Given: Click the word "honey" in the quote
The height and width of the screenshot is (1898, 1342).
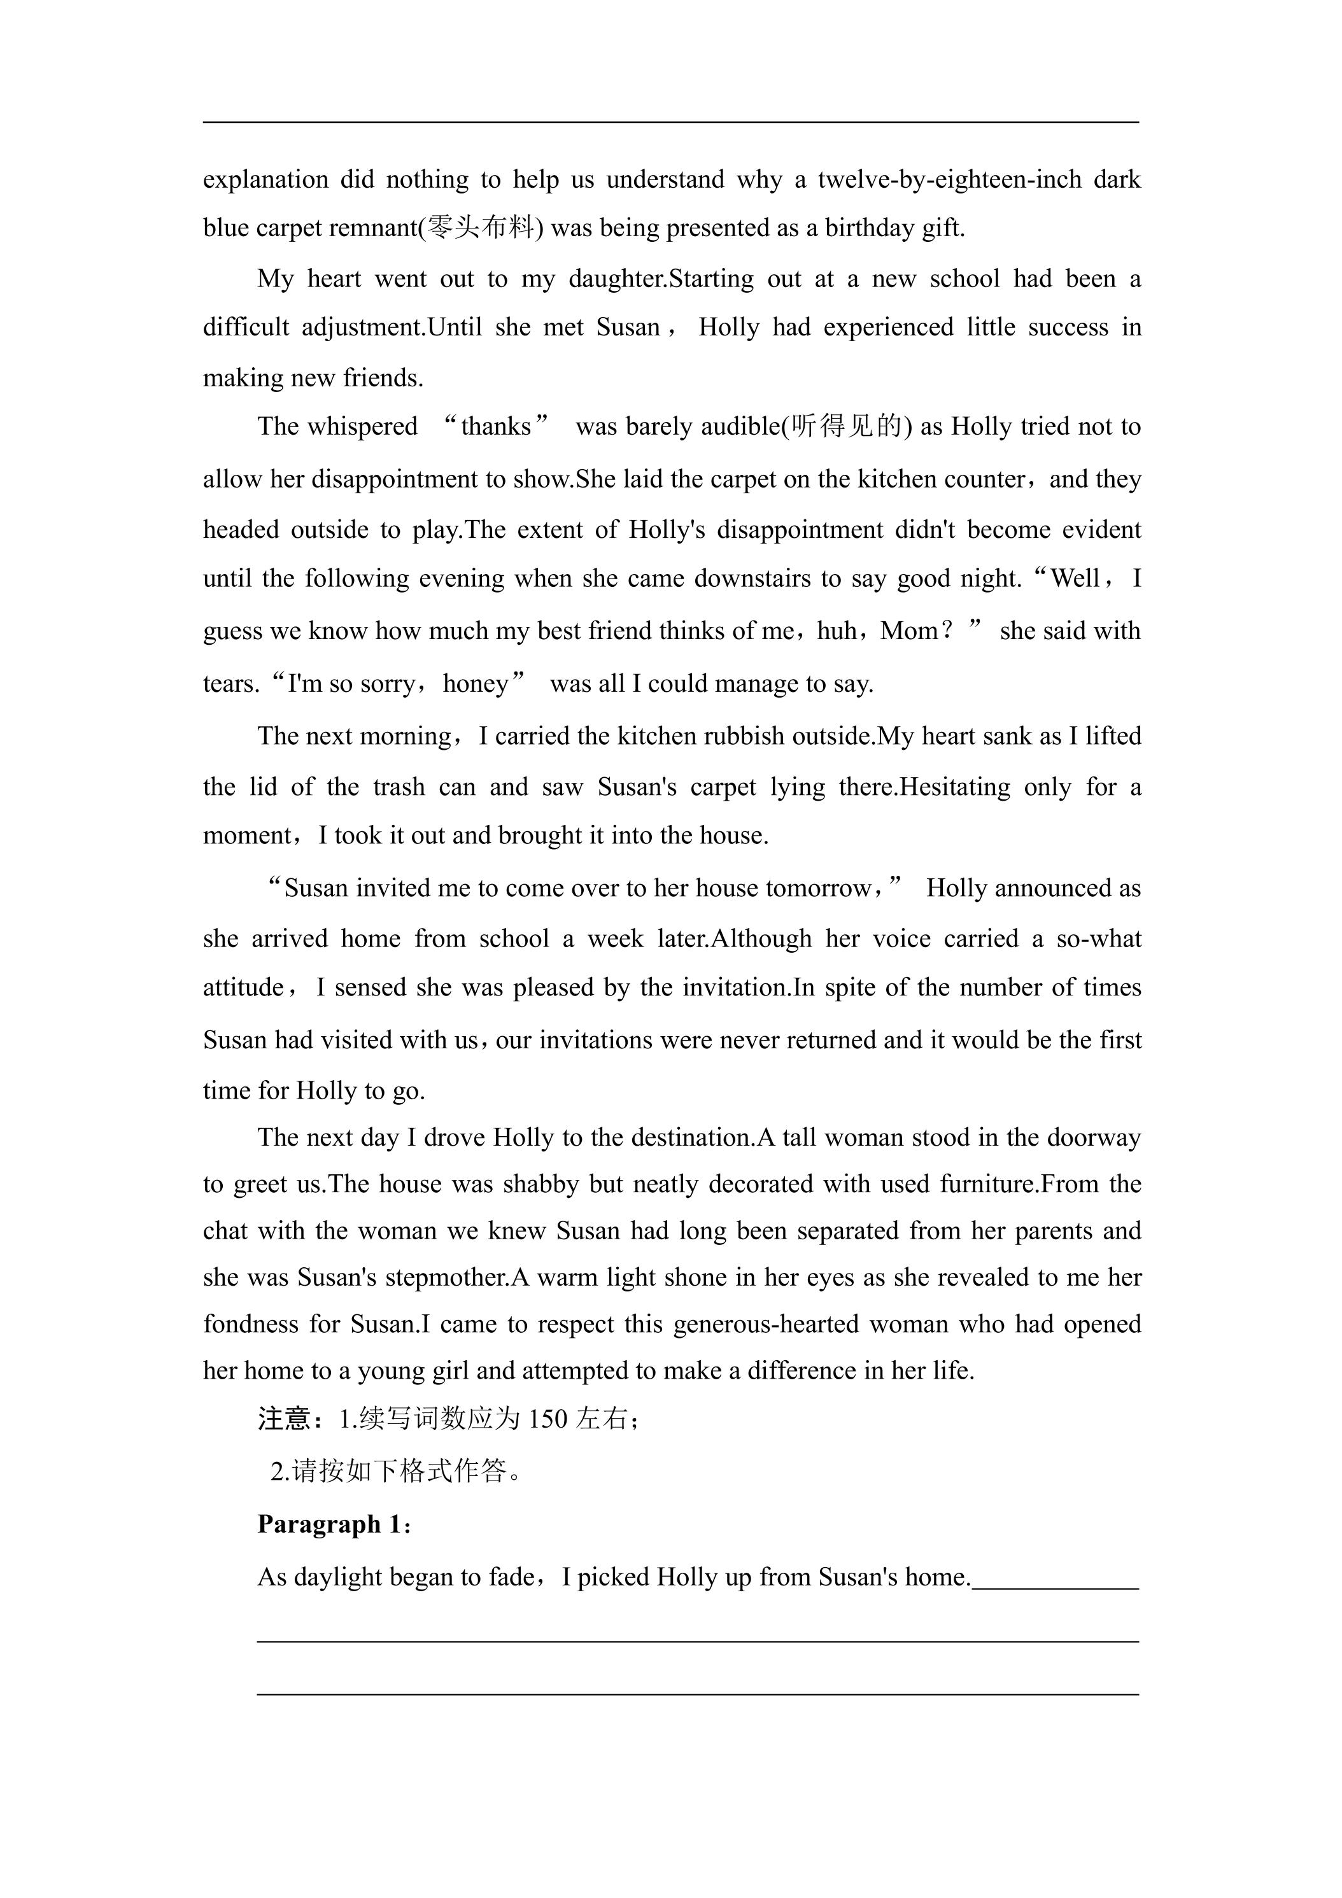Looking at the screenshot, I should tap(476, 684).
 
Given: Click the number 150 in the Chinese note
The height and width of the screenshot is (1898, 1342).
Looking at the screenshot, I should tap(547, 1419).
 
